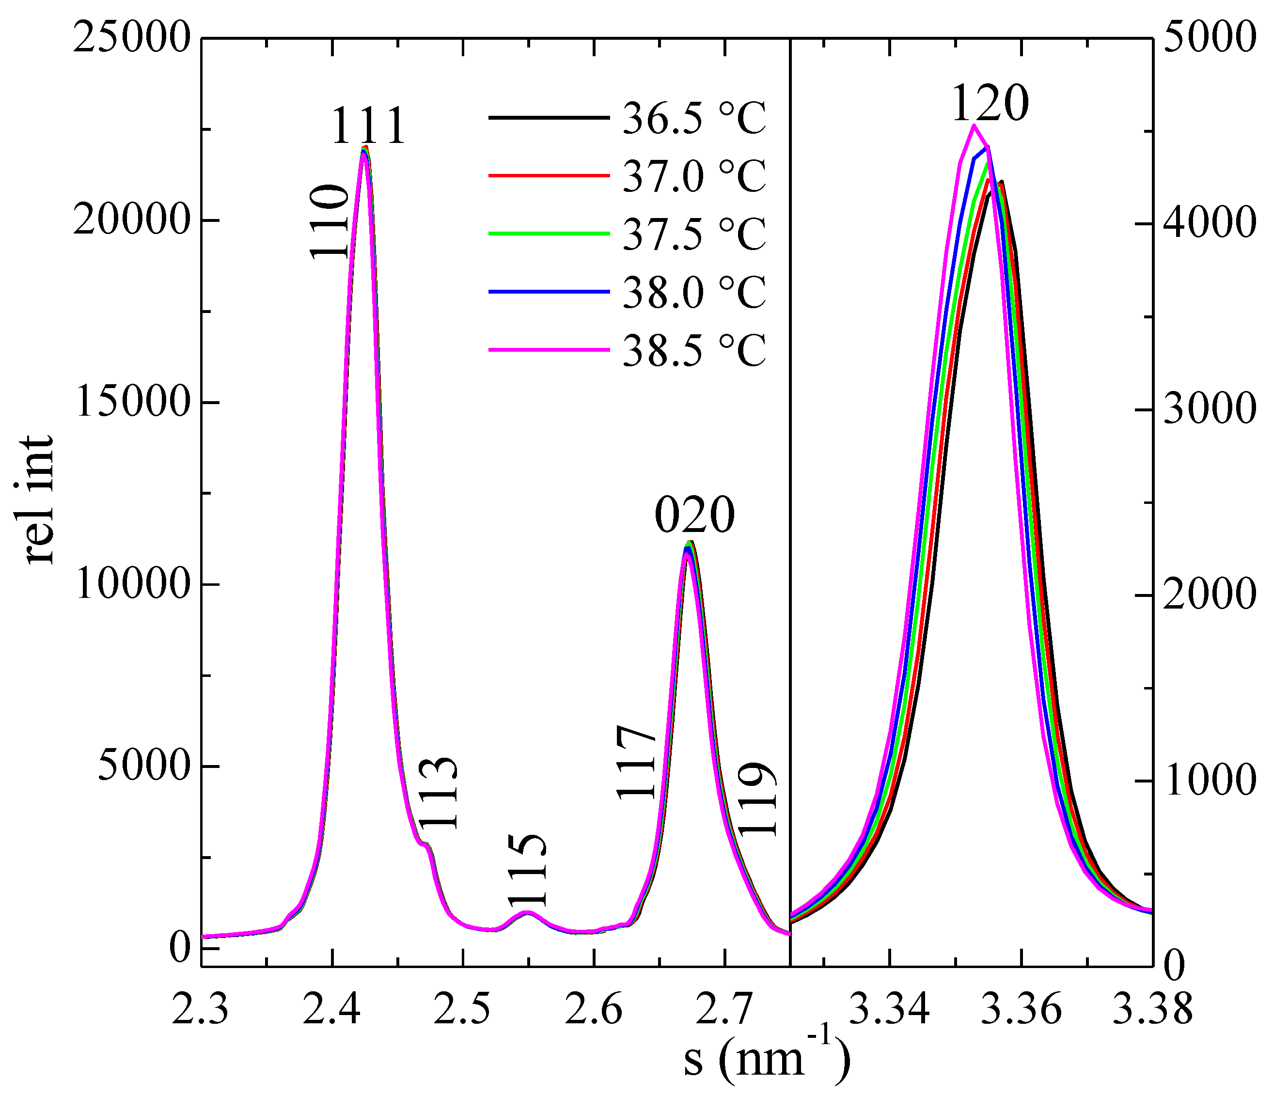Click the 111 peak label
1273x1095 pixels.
point(369,126)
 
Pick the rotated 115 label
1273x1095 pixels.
point(527,870)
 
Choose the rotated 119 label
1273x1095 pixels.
point(757,799)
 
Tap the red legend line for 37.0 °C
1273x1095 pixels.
point(549,176)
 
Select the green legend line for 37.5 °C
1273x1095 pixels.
point(549,234)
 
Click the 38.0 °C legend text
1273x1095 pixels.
point(694,292)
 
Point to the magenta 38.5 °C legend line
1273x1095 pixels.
point(549,350)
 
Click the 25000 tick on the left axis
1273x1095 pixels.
point(130,38)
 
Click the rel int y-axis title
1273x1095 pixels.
point(38,499)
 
